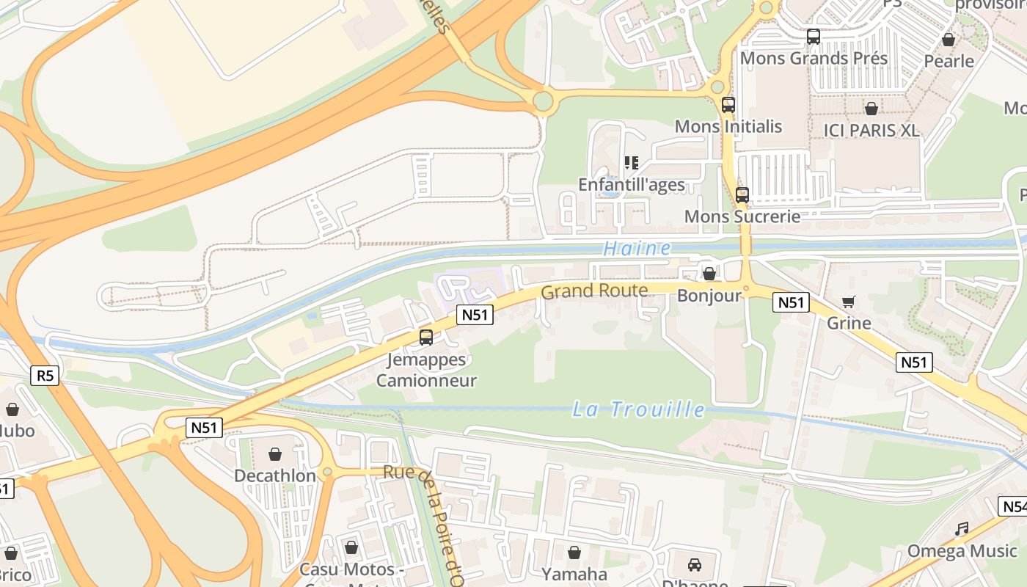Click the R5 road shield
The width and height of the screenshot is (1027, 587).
coord(45,376)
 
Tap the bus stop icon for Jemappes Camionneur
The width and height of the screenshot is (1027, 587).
coord(425,338)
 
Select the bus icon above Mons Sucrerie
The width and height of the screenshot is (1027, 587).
coord(742,195)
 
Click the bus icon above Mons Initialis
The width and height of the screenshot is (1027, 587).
coord(728,105)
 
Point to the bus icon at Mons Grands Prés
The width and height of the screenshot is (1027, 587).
coord(813,37)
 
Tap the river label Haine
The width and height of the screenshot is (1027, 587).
coord(637,249)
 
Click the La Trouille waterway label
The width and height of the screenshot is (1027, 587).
coord(638,409)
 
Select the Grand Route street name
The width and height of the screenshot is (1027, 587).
coord(594,291)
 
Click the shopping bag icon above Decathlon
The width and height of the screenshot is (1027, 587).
coord(275,455)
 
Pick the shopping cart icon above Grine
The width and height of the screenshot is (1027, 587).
coord(849,302)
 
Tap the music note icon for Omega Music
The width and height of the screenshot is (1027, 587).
coord(962,529)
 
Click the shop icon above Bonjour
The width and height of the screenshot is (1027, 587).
coord(709,274)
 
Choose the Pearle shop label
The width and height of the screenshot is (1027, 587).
coord(949,61)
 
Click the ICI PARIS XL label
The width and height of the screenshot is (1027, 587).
coord(871,131)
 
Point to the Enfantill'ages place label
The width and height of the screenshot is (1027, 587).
coord(631,185)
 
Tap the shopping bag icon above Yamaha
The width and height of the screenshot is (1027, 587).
coord(574,553)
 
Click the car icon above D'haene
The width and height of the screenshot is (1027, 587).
coord(694,565)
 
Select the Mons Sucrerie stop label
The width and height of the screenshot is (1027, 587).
coord(742,216)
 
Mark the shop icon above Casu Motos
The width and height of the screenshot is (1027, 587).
coord(351,547)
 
